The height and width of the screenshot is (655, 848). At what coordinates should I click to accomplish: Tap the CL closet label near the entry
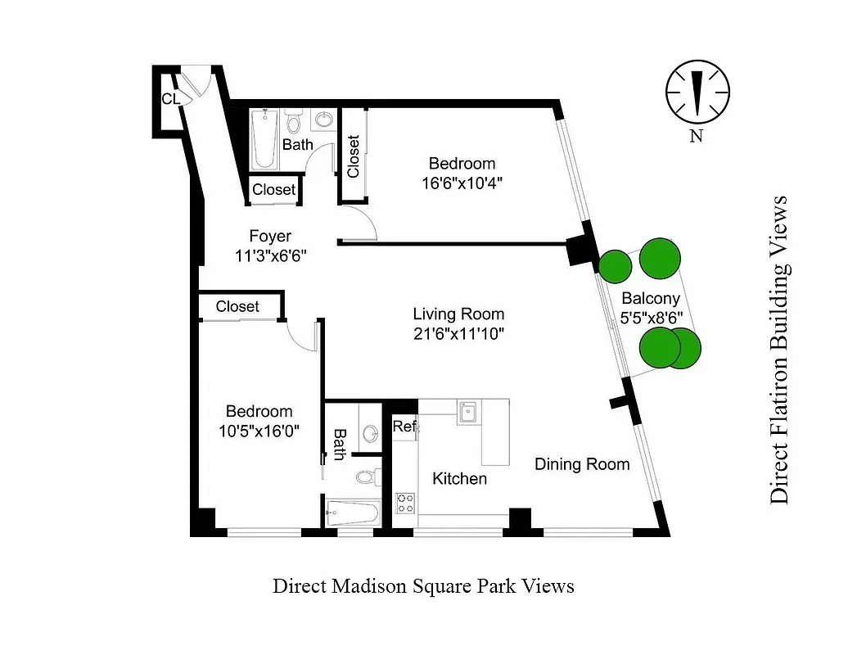[170, 99]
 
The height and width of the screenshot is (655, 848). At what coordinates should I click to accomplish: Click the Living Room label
[458, 314]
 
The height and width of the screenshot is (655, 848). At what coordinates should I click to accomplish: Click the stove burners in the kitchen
[405, 502]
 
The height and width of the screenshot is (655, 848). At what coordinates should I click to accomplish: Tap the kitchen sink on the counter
[469, 412]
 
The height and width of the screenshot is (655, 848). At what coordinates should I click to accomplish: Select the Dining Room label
[582, 464]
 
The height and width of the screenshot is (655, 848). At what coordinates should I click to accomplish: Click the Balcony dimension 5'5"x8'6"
[651, 316]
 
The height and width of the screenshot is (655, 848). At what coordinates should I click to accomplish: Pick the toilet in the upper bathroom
[294, 124]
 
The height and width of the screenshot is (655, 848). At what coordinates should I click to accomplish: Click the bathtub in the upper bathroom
[264, 140]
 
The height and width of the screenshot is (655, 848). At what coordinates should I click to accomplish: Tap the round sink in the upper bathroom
[324, 120]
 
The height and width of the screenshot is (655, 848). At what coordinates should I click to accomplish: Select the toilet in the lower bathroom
[368, 476]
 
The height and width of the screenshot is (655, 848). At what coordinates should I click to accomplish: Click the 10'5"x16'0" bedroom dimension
[259, 431]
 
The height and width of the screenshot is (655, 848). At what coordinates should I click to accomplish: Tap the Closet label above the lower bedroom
[237, 306]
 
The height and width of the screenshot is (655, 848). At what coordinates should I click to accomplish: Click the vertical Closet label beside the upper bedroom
[354, 156]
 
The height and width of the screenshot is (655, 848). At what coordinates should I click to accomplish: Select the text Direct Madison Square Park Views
[423, 586]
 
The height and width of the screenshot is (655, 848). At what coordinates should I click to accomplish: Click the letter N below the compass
[696, 137]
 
